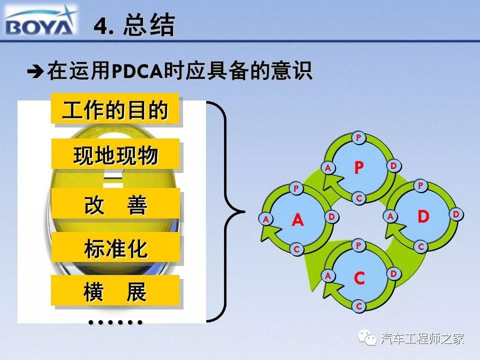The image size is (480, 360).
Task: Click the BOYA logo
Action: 40,21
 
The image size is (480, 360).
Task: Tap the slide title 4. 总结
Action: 134,25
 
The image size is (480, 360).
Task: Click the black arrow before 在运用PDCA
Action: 35,72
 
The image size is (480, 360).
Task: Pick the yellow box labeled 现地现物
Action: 115,154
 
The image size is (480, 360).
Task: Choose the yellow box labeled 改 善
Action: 115,203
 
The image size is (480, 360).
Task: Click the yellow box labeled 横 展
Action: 115,290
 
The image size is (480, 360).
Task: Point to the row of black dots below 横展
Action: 115,322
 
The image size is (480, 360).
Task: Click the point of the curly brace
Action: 244,211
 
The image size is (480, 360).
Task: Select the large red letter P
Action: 359,167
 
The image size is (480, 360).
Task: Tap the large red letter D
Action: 423,216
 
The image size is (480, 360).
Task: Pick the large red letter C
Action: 359,278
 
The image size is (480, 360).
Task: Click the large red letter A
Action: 297,219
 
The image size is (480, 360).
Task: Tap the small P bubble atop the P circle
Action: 358,137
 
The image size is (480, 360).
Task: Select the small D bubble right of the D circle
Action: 456,214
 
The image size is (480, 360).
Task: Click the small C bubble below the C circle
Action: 359,306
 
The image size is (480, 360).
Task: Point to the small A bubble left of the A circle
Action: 265,219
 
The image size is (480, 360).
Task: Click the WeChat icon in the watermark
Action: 367,337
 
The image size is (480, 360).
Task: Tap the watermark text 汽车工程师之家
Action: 422,338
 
